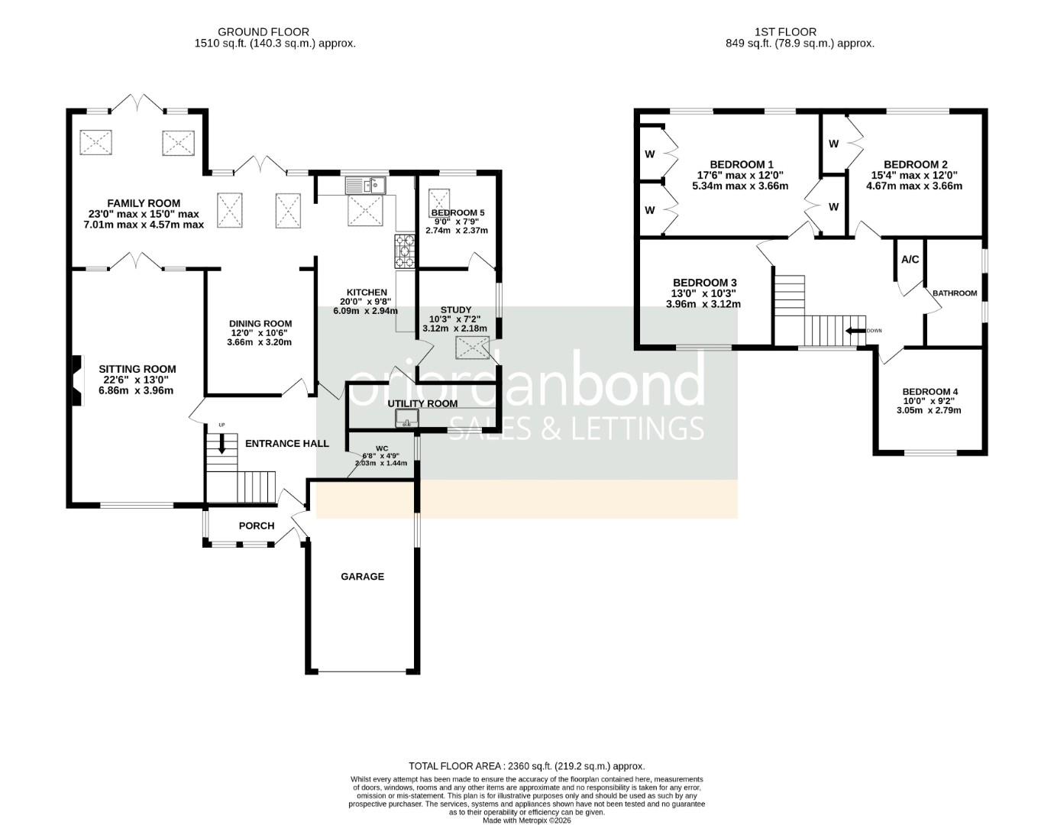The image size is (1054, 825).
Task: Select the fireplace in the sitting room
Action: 76,382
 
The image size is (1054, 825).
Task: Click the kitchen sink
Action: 366,185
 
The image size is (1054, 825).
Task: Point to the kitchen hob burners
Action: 405,251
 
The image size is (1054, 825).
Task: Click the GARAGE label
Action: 362,577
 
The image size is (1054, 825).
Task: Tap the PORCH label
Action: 257,526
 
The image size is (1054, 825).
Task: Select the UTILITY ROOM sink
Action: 406,418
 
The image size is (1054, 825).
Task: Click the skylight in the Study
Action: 473,348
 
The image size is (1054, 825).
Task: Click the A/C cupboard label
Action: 910,260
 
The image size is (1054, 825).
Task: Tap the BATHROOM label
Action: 954,293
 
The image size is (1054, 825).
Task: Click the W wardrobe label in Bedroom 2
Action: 833,144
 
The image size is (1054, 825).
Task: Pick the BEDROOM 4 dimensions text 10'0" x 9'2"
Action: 929,401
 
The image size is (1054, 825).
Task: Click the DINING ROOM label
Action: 260,324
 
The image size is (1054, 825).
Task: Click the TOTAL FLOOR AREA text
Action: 527,765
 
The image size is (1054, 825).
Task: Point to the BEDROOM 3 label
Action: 705,283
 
